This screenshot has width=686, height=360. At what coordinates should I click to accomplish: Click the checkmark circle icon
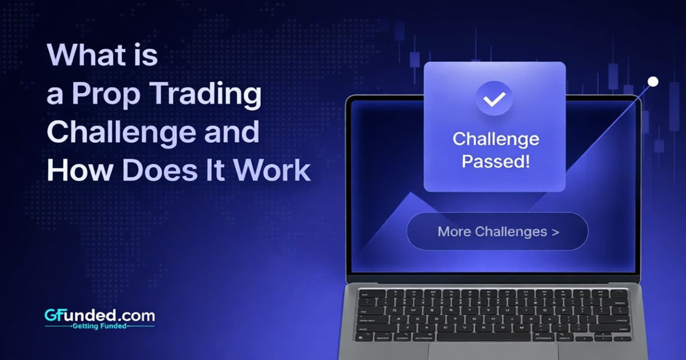pyautogui.click(x=494, y=99)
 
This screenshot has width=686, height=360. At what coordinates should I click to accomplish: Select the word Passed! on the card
pyautogui.click(x=495, y=161)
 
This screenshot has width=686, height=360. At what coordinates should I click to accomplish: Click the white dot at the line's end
pyautogui.click(x=653, y=82)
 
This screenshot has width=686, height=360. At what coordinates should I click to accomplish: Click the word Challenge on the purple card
pyautogui.click(x=495, y=139)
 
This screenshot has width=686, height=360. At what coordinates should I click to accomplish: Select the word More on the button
pyautogui.click(x=454, y=231)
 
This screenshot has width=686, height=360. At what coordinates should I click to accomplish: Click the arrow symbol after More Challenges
pyautogui.click(x=555, y=231)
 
